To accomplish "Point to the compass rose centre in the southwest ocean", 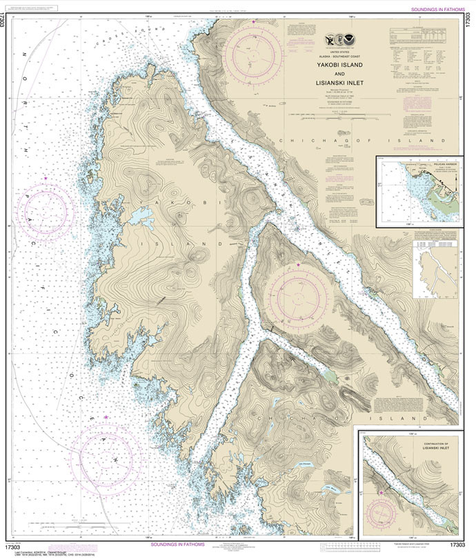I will pyautogui.click(x=106, y=453).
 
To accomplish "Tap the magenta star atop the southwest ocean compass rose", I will pyautogui.click(x=106, y=417).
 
